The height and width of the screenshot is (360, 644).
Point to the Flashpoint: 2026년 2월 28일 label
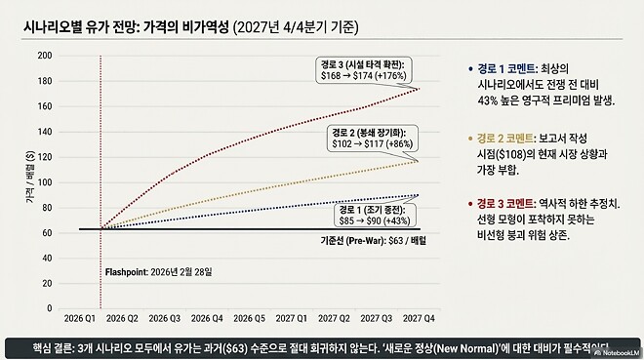158,270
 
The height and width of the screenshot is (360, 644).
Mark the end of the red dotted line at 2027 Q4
420,88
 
